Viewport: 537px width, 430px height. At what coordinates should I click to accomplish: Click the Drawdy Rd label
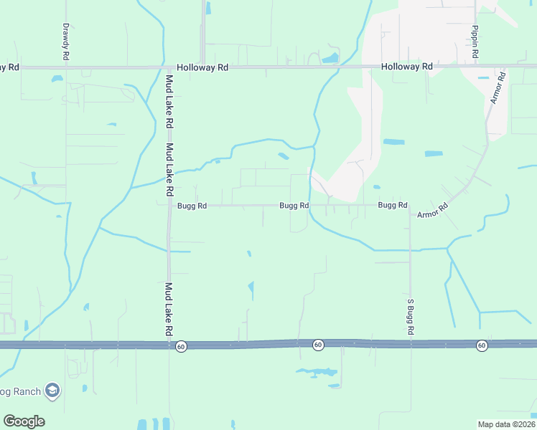coord(65,41)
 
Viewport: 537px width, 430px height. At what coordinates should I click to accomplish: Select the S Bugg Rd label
coord(411,317)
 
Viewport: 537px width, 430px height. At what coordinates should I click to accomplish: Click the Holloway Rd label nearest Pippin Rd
coord(407,67)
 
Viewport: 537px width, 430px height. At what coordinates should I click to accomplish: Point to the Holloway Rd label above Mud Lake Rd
coord(203,67)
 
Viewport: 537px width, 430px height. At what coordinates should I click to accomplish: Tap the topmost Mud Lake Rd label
coord(170,97)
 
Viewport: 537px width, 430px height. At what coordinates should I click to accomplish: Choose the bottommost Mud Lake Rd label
coord(169,309)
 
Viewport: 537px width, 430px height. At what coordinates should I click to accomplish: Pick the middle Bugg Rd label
coord(294,206)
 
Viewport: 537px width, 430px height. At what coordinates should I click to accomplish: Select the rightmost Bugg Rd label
coord(393,205)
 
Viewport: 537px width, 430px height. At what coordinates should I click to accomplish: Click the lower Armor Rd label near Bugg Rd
coord(433,210)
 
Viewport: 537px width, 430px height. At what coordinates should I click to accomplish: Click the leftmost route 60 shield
coord(182,345)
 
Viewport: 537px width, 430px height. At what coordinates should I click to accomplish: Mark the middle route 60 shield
coord(318,345)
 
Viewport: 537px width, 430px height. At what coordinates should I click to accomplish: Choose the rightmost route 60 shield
coord(482,345)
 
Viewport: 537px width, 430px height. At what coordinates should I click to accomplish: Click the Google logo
coord(24,421)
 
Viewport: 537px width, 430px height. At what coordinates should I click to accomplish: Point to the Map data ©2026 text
coord(506,424)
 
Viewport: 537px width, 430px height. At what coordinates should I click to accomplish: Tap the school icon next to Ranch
coord(52,391)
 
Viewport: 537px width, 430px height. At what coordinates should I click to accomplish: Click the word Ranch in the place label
coord(23,391)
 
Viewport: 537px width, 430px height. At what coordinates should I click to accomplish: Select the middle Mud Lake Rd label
coord(170,170)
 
